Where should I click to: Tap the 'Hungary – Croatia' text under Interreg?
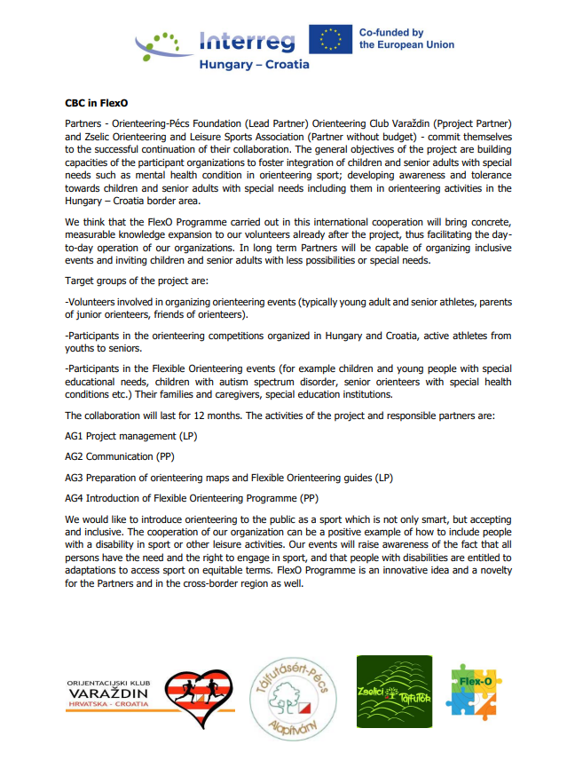[254, 65]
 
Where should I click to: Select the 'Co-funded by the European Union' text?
[406, 39]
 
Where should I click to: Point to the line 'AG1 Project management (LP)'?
[130, 437]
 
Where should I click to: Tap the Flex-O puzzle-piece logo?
[474, 691]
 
